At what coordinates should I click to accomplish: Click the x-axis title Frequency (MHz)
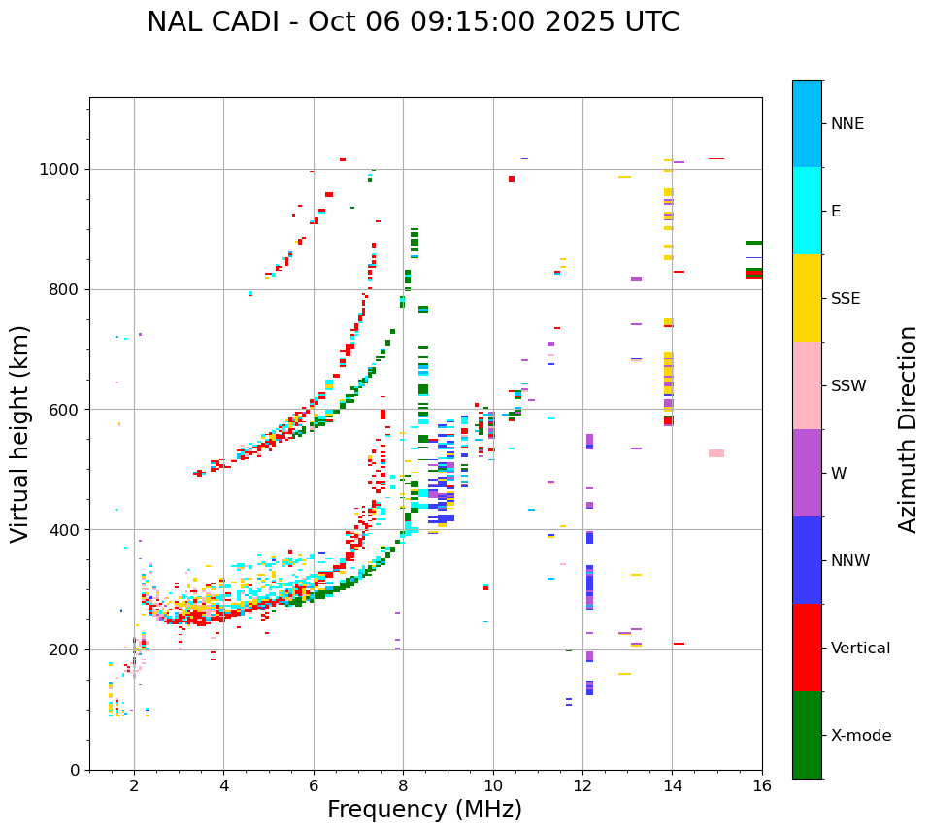tap(424, 810)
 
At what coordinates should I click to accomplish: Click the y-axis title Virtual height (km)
tap(21, 433)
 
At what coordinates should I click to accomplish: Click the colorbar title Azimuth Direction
tap(908, 429)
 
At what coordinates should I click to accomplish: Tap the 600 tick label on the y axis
tap(68, 410)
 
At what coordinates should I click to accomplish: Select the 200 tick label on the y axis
tap(68, 649)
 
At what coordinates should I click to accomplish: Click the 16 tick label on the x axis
tap(762, 785)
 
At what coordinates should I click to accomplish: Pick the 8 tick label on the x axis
tap(403, 785)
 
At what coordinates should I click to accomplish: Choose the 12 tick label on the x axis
tap(582, 785)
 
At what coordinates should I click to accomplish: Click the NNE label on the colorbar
tap(847, 124)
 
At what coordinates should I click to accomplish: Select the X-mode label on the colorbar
tap(861, 736)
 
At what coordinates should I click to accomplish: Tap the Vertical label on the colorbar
tap(860, 649)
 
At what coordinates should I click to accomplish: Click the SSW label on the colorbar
tap(848, 386)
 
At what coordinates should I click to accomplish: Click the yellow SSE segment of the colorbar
tap(807, 298)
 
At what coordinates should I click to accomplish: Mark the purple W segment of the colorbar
tap(807, 473)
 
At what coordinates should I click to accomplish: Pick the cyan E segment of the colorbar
tap(807, 211)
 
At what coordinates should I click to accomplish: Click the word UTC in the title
tap(651, 22)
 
